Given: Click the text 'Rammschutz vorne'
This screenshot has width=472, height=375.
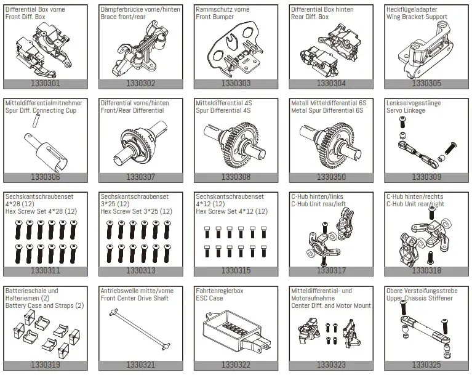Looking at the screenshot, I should click(x=222, y=10).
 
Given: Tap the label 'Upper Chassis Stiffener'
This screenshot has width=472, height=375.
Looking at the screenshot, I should click(x=419, y=299).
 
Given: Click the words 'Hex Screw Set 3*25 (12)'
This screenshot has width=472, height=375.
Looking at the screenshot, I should click(x=136, y=211).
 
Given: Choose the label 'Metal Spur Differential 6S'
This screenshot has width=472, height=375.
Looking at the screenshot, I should click(x=327, y=111).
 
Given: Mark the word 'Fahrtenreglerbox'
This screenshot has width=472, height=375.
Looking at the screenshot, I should click(x=219, y=291).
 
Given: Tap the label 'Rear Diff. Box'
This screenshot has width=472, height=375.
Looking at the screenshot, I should click(x=310, y=17).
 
